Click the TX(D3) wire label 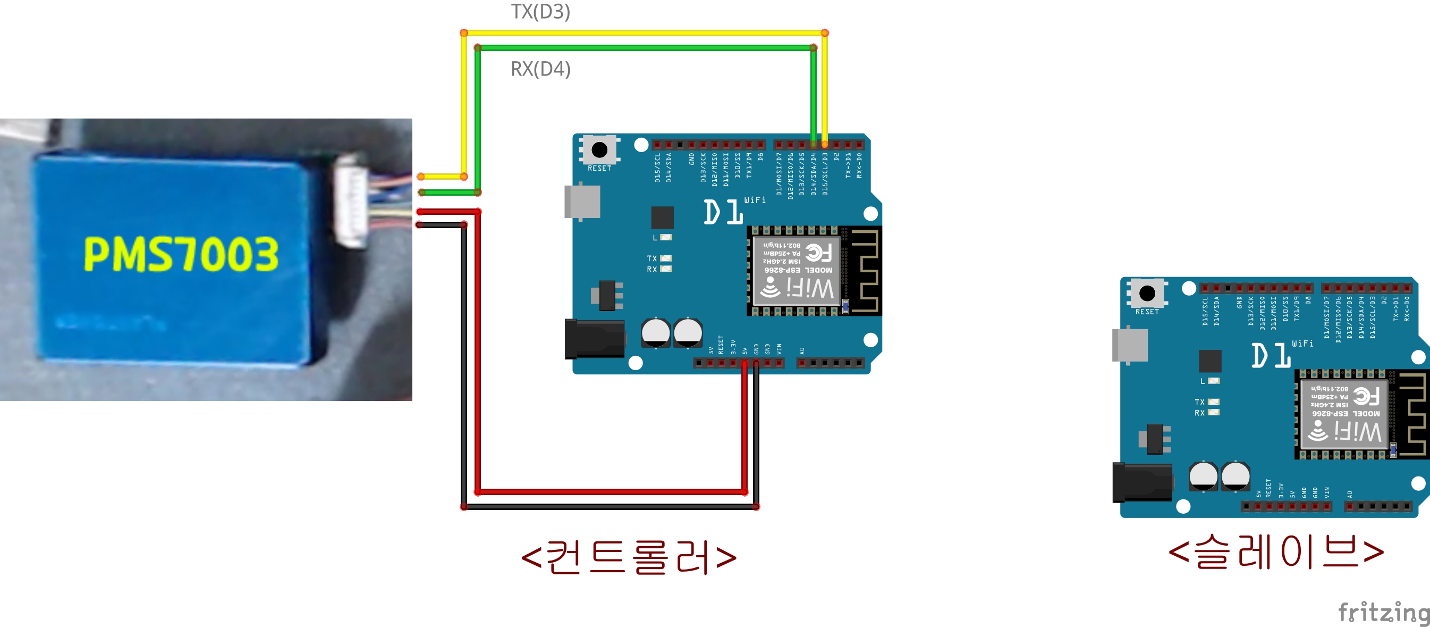click(540, 12)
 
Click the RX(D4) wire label click(540, 69)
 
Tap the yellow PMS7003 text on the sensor click(181, 254)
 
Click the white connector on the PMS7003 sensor click(350, 201)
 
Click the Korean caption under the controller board click(629, 557)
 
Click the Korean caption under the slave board click(1276, 552)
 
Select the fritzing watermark click(1383, 612)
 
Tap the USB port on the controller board click(582, 202)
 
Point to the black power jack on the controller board click(594, 339)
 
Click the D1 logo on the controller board click(723, 212)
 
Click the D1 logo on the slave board click(1271, 355)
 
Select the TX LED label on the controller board click(651, 258)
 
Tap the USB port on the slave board click(1130, 346)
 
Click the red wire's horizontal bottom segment click(611, 492)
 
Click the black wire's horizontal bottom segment click(611, 506)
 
